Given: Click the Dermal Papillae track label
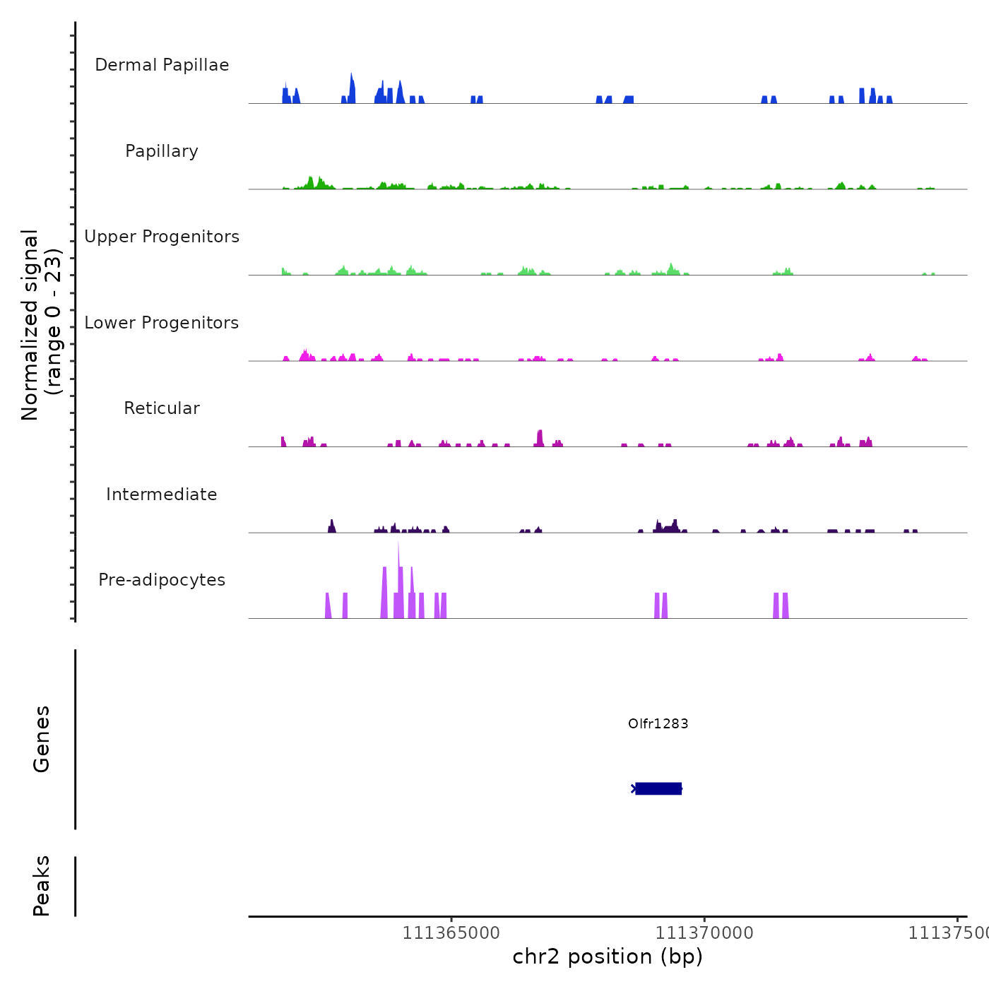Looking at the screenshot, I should pos(162,65).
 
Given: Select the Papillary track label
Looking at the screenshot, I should pos(162,151).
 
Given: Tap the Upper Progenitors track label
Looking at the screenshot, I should pos(162,237).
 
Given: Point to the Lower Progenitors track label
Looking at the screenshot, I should pos(162,323).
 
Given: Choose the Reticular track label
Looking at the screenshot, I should pos(162,408).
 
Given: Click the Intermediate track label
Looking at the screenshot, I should pos(162,494).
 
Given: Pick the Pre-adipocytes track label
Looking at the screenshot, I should pos(162,580).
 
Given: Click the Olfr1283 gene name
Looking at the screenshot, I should pos(658,723).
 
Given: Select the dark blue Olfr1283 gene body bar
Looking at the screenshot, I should pos(658,788).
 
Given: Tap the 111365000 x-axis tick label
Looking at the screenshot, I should pos(451,933).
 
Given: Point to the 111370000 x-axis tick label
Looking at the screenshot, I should pos(704,933).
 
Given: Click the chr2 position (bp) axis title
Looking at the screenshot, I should pos(608,957).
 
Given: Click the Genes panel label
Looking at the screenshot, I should pos(42,739).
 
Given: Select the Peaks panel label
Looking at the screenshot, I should pos(42,886).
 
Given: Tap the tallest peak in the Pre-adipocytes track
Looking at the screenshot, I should pos(398,565).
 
